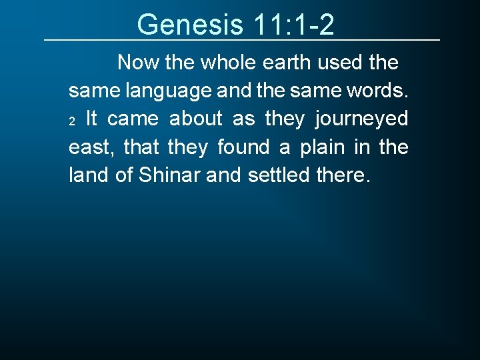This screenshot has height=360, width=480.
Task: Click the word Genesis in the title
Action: coord(190,25)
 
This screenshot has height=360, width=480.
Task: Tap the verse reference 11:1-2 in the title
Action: coord(294,25)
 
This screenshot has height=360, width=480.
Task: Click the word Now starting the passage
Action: coord(137,63)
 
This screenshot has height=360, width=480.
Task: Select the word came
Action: coord(133,119)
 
